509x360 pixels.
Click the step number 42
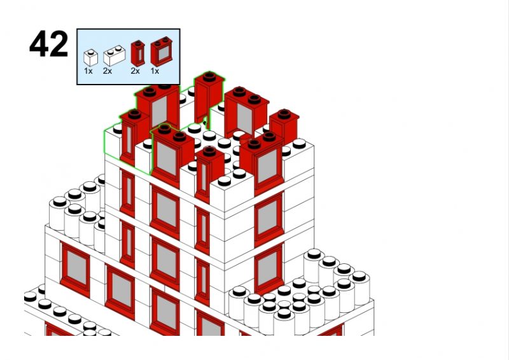(x=49, y=44)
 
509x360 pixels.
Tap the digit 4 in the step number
(x=39, y=44)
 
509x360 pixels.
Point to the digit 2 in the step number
(x=59, y=44)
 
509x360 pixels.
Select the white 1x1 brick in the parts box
(x=90, y=58)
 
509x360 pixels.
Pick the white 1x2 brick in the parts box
(x=115, y=55)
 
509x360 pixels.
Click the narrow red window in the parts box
(x=138, y=53)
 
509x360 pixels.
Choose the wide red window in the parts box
(x=162, y=52)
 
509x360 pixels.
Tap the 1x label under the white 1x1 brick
(x=88, y=71)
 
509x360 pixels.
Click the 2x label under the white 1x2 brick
(x=108, y=71)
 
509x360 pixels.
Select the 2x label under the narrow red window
(x=135, y=71)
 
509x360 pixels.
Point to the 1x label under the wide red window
(x=155, y=71)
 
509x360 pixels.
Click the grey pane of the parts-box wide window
(x=164, y=53)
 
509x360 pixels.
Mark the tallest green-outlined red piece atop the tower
(x=209, y=97)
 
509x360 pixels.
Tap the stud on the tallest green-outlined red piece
(x=209, y=76)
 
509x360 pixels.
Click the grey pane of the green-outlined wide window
(x=166, y=158)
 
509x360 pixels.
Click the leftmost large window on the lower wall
(x=75, y=269)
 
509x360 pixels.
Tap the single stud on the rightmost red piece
(x=284, y=113)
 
